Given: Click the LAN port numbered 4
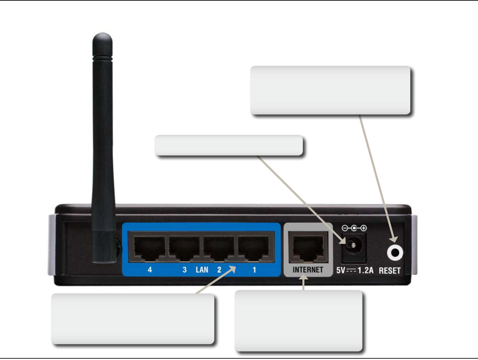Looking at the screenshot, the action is [149, 248].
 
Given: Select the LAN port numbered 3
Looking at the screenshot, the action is [184, 248].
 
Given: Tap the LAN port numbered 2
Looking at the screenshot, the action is [219, 248].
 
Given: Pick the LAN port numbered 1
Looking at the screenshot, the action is [254, 248].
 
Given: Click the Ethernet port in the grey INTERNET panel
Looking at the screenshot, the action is [308, 247].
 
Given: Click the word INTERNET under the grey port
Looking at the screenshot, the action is [308, 270].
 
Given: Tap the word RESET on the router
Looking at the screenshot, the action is [390, 270].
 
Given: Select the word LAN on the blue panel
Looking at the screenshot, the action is [202, 270].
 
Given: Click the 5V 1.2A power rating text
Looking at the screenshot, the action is [355, 270].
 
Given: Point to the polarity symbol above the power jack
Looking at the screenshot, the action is [354, 228].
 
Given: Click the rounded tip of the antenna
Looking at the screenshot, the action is [102, 36].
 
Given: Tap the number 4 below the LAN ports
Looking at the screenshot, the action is [150, 270].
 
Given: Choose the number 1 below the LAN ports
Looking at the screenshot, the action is [254, 270].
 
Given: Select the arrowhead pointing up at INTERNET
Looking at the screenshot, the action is [304, 280].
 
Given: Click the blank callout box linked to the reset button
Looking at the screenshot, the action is [330, 90].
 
